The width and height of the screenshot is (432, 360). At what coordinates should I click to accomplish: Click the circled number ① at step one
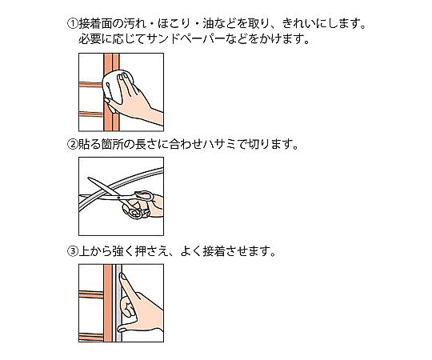pyautogui.click(x=73, y=24)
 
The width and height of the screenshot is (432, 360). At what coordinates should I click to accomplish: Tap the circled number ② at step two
pyautogui.click(x=73, y=144)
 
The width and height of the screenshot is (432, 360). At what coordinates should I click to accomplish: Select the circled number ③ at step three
pyautogui.click(x=73, y=251)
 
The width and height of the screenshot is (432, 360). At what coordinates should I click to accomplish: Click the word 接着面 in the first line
pyautogui.click(x=96, y=24)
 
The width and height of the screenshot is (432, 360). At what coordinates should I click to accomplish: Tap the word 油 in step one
pyautogui.click(x=208, y=24)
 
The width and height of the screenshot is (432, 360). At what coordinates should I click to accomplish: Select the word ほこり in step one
pyautogui.click(x=174, y=24)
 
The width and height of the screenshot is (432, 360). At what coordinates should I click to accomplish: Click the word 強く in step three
pyautogui.click(x=124, y=251)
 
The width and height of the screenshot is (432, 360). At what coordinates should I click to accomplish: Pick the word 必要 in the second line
pyautogui.click(x=90, y=39)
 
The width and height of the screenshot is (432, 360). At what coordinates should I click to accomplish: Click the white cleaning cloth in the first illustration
pyautogui.click(x=116, y=86)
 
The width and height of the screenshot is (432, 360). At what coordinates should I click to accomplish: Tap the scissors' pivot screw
pyautogui.click(x=118, y=198)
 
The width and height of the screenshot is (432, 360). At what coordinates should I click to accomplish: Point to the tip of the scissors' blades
pyautogui.click(x=89, y=178)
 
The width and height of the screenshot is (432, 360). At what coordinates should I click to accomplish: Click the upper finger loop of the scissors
pyautogui.click(x=143, y=195)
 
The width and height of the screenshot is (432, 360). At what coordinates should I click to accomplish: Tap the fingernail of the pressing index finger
pyautogui.click(x=122, y=276)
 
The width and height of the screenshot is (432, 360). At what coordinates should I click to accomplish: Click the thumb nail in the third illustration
pyautogui.click(x=122, y=329)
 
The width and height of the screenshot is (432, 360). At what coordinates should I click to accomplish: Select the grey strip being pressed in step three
pyautogui.click(x=118, y=303)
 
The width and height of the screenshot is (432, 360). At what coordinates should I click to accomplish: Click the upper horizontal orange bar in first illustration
pyautogui.click(x=91, y=85)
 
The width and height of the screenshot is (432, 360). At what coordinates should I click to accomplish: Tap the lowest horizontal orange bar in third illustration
pyautogui.click(x=91, y=337)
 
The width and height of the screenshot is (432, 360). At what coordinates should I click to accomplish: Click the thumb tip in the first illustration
pyautogui.click(x=107, y=101)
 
